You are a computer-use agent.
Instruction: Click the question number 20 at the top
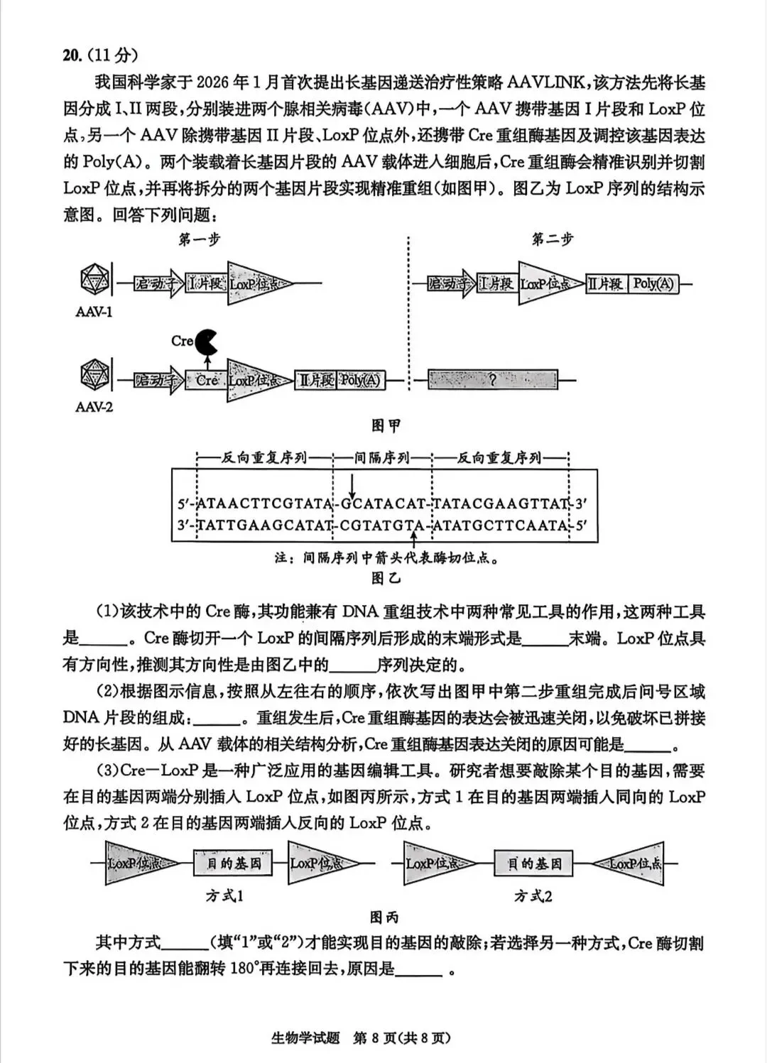pos(72,55)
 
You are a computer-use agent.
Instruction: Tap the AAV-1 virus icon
pos(94,281)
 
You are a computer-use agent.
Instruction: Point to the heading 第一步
pos(200,240)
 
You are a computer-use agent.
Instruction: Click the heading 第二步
pos(552,240)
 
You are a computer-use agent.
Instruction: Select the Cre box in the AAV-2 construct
pos(206,381)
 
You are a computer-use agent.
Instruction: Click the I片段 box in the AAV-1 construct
pos(206,284)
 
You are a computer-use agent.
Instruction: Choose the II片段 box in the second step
pos(604,284)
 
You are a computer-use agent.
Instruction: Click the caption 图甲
pos(386,425)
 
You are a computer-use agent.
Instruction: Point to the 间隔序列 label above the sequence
pos(382,458)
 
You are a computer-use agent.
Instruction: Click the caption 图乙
pos(386,578)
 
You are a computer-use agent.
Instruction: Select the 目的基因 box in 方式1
pos(234,863)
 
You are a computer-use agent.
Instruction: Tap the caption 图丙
pos(384,917)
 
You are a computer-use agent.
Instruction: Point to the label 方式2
pos(533,896)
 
